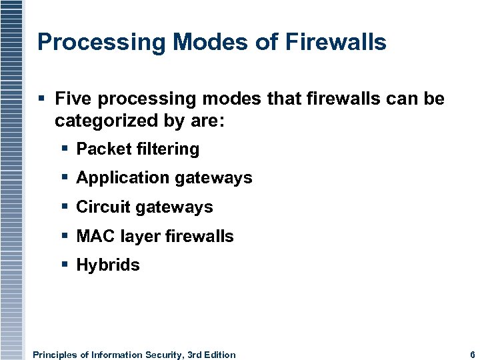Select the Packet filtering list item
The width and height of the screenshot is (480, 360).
137,149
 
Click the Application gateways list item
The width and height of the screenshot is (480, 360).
164,178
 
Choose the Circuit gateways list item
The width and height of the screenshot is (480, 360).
145,207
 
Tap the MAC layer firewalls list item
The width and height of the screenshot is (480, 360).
155,236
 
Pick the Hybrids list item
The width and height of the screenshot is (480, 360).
108,265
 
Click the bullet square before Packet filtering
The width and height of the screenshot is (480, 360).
65,149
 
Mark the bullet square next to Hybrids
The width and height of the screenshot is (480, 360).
65,265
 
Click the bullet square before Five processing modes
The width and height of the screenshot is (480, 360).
42,99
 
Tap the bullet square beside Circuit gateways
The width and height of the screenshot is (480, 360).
65,207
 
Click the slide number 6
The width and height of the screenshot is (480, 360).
472,355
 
